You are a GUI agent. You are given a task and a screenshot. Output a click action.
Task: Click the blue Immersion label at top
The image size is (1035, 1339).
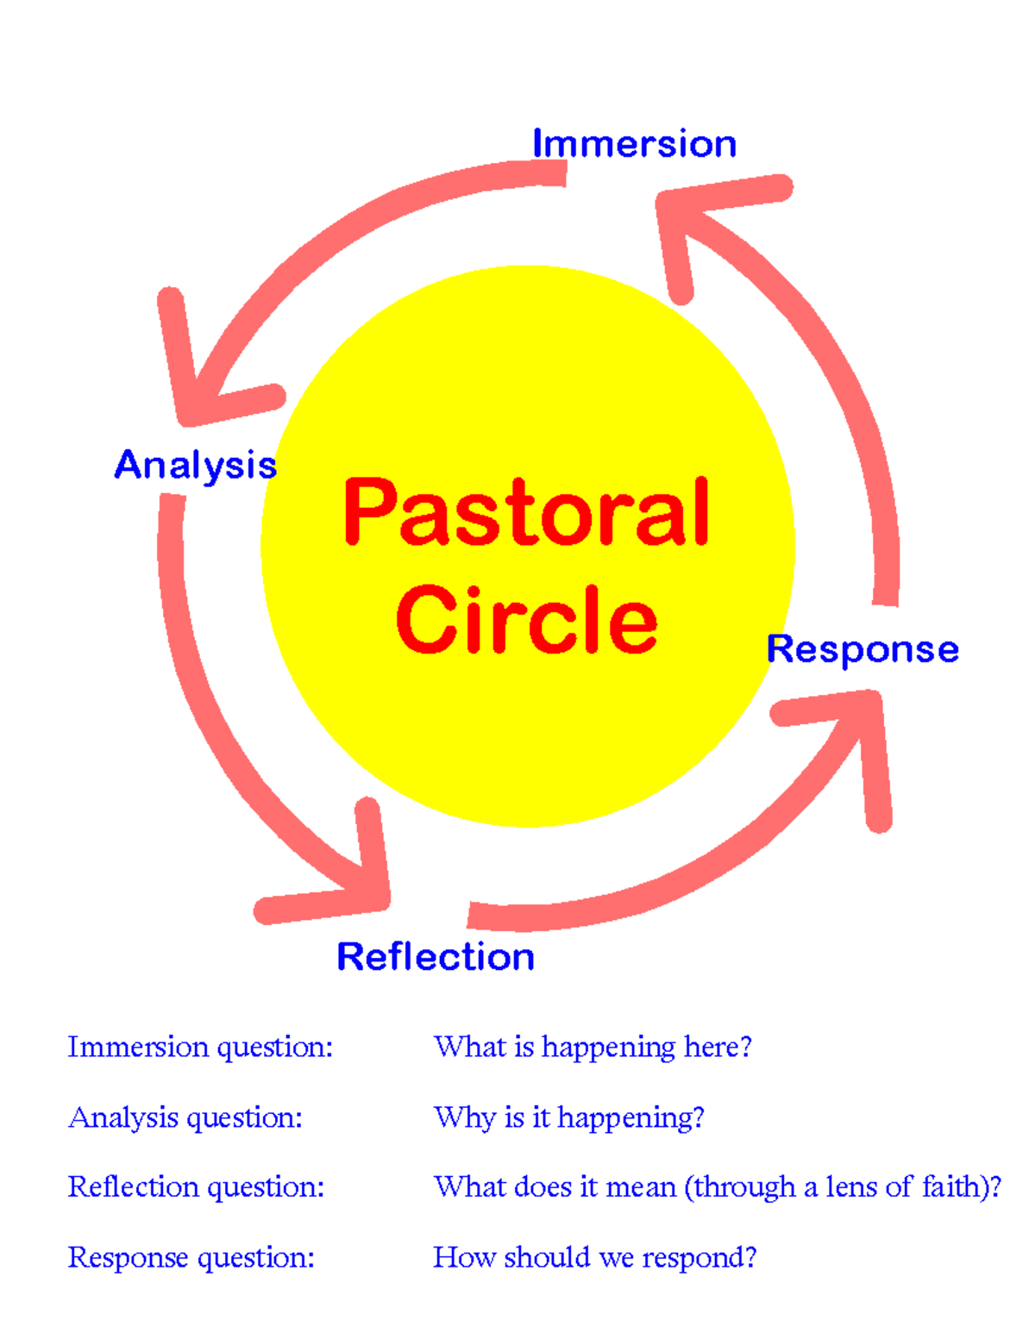634,143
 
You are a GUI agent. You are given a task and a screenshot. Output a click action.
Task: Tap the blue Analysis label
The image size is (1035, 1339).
196,466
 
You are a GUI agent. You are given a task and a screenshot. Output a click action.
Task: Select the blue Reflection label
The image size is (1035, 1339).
436,957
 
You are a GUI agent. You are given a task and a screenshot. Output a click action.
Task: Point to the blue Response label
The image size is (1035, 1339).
862,649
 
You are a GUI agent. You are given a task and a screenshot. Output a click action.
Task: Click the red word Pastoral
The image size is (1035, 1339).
526,513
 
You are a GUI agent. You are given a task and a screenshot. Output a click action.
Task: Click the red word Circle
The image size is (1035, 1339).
526,619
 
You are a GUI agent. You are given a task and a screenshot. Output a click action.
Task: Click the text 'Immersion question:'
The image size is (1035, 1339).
200,1047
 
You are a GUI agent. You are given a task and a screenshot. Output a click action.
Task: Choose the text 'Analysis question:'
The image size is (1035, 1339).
185,1117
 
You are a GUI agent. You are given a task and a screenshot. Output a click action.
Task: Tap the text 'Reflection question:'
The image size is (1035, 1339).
196,1187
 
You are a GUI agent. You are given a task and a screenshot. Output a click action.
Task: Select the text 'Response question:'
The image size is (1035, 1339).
191,1258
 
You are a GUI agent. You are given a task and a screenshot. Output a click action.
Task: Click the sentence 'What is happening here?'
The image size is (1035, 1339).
593,1047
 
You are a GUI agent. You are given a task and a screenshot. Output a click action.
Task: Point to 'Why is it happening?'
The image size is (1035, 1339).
569,1117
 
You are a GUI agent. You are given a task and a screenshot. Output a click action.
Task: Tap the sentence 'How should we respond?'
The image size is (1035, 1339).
594,1258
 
